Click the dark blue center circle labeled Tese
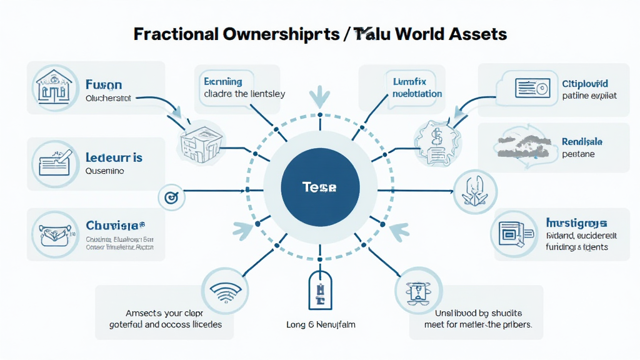click(319, 187)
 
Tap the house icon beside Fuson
click(53, 88)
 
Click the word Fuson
click(104, 85)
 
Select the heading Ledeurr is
click(114, 157)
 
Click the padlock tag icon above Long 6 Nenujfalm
click(319, 291)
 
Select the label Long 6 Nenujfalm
click(319, 325)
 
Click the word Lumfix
click(409, 82)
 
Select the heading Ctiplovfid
click(584, 83)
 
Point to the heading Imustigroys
click(576, 222)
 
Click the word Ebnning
click(223, 81)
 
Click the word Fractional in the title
click(176, 34)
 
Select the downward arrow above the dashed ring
click(319, 96)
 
